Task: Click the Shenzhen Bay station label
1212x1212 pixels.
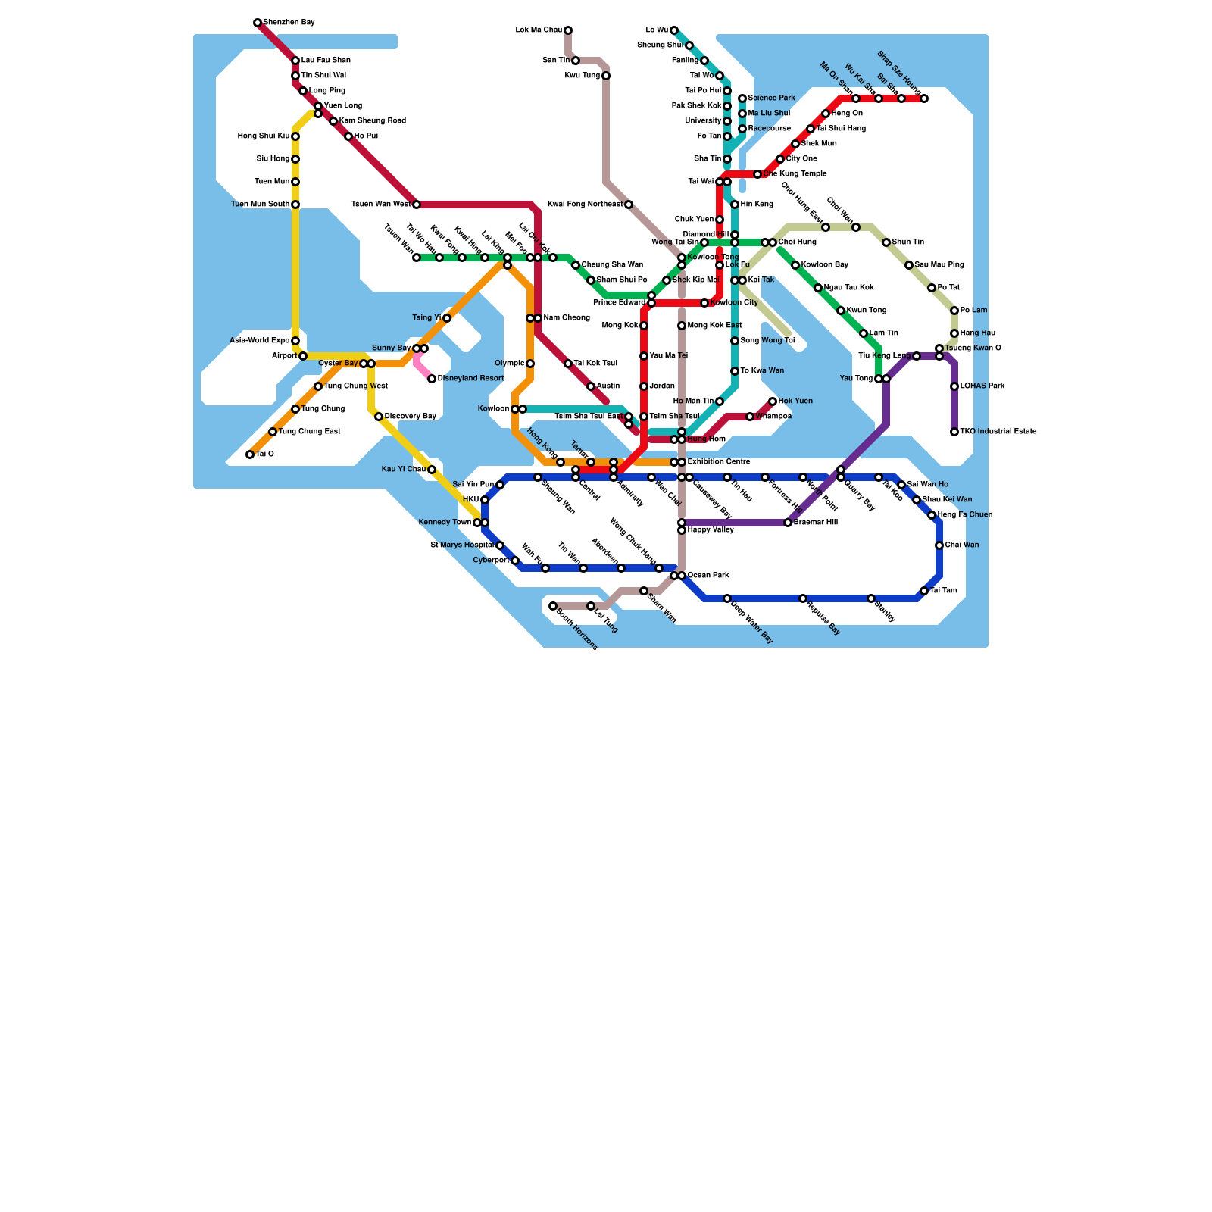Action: (x=289, y=23)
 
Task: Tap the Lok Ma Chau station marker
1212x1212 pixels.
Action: (x=568, y=30)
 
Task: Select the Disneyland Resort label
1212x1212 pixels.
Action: (x=470, y=379)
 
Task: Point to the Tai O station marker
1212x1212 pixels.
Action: (x=250, y=454)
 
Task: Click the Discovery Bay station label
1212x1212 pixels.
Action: (x=410, y=417)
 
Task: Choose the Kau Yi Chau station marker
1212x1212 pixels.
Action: (x=432, y=470)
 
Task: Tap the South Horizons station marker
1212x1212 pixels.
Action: (x=553, y=606)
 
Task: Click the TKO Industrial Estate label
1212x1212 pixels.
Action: (x=998, y=432)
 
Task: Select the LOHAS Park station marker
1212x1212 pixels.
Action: (x=954, y=386)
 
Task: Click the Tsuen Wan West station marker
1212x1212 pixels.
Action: (x=417, y=205)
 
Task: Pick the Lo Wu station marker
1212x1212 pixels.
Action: (x=674, y=30)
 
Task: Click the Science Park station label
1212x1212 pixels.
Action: (x=771, y=98)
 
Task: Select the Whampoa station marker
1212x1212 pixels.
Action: (x=750, y=417)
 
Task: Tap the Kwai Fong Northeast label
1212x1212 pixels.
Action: (x=584, y=205)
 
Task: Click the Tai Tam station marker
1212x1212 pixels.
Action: (x=924, y=591)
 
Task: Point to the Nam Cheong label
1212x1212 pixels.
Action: (x=566, y=318)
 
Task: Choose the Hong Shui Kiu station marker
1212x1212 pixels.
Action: (x=295, y=136)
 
